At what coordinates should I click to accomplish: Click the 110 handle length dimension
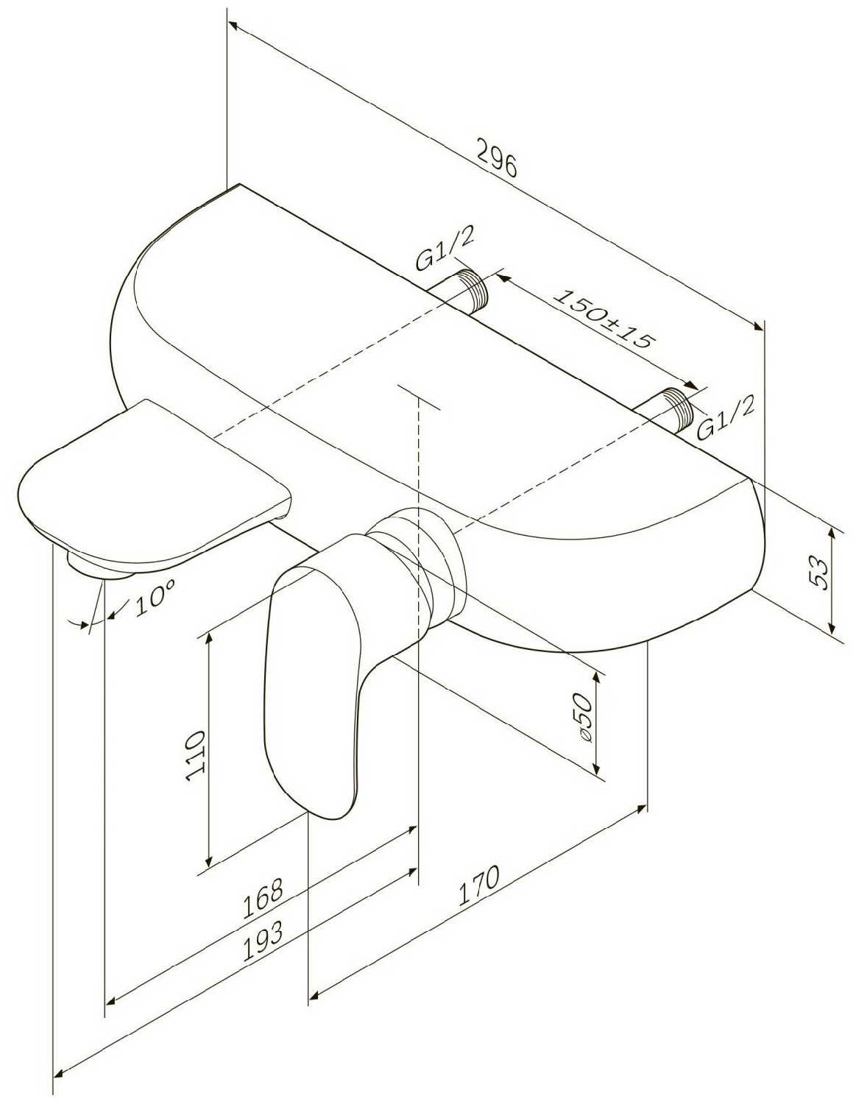click(x=195, y=755)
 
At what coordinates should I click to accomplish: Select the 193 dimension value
click(x=263, y=937)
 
